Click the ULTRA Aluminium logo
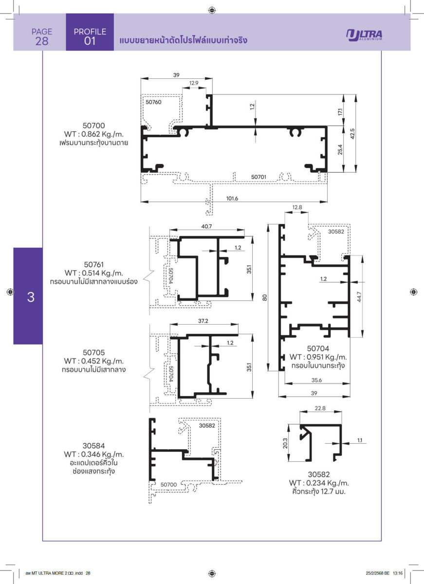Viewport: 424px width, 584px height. pyautogui.click(x=364, y=35)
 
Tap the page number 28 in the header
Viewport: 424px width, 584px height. pyautogui.click(x=42, y=41)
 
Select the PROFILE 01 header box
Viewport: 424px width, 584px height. pyautogui.click(x=90, y=32)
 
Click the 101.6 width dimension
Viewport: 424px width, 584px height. pyautogui.click(x=232, y=199)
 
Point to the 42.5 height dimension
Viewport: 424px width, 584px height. pyautogui.click(x=352, y=134)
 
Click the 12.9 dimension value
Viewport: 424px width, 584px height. pyautogui.click(x=194, y=83)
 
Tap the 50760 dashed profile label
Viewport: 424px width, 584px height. pyautogui.click(x=153, y=102)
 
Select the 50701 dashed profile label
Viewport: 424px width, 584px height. pyautogui.click(x=258, y=177)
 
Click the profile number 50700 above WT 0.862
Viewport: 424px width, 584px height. pyautogui.click(x=94, y=126)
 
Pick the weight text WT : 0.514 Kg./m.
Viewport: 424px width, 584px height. pyautogui.click(x=94, y=273)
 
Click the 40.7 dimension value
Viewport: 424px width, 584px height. pyautogui.click(x=206, y=226)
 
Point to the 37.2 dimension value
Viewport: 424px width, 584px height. pyautogui.click(x=203, y=321)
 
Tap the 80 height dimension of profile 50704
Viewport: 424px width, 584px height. pyautogui.click(x=265, y=297)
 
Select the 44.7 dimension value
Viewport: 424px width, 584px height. pyautogui.click(x=359, y=297)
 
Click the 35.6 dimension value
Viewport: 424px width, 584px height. pyautogui.click(x=316, y=380)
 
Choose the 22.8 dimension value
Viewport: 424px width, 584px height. pyautogui.click(x=320, y=408)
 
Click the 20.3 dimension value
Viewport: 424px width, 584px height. pyautogui.click(x=285, y=443)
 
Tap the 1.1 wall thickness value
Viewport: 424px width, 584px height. pyautogui.click(x=360, y=440)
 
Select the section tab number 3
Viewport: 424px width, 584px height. pyautogui.click(x=31, y=297)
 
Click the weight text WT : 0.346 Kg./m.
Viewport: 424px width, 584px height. pyautogui.click(x=94, y=454)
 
